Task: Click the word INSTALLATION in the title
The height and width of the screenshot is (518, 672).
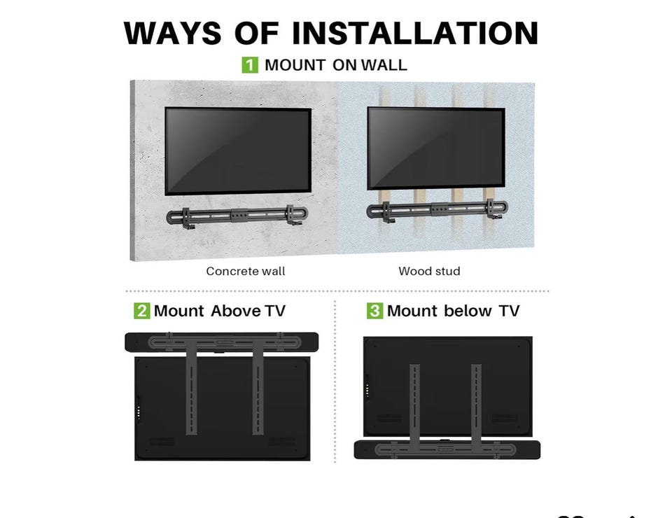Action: coord(415,33)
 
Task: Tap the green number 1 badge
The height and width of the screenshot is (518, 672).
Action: coord(250,65)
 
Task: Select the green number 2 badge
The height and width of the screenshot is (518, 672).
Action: coord(142,311)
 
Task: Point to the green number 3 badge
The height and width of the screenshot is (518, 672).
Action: coord(374,311)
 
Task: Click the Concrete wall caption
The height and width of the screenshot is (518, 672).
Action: coord(246,271)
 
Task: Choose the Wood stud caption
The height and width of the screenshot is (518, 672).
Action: coord(429,271)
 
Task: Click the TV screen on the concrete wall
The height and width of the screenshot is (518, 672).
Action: coord(238,151)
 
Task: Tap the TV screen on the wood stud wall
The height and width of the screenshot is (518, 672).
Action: coord(436,148)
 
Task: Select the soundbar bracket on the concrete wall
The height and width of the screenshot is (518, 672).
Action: coord(237,215)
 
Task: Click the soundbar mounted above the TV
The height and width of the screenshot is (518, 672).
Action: coord(222,342)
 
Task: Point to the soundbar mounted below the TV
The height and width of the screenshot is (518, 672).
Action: coord(447,450)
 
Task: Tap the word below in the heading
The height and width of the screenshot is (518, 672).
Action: coord(468,311)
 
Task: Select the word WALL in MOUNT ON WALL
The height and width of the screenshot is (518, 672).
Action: coord(384,65)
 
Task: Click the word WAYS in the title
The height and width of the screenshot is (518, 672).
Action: coord(172,33)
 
